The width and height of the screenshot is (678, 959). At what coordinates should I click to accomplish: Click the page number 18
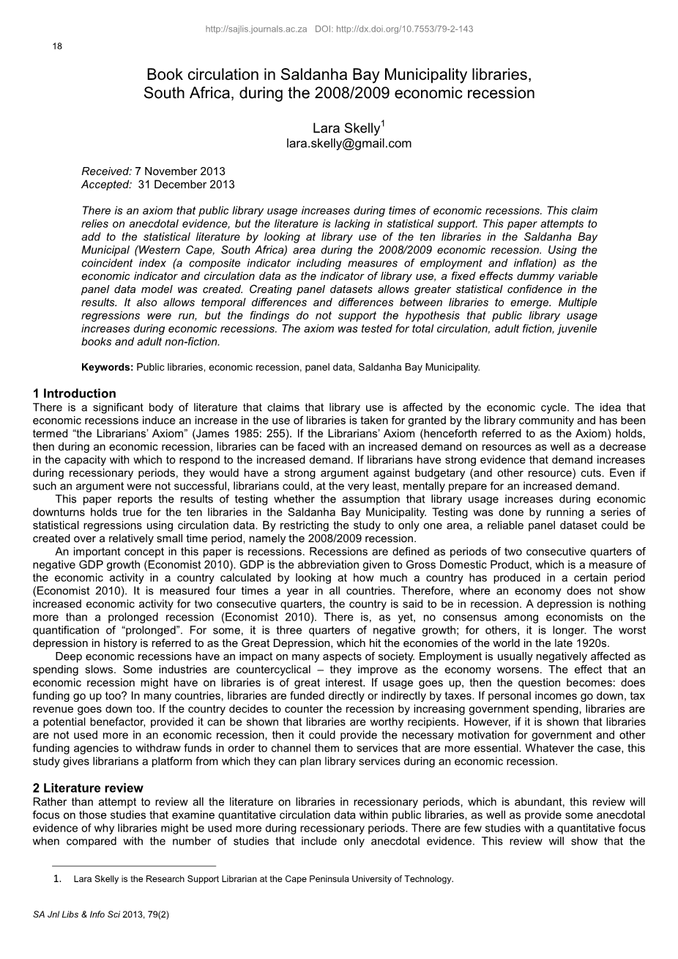[57, 46]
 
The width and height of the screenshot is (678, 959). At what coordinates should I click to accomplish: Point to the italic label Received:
[106, 171]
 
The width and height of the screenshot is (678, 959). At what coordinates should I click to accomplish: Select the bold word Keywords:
[107, 367]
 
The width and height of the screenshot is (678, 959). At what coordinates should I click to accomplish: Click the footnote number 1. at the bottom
[57, 879]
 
